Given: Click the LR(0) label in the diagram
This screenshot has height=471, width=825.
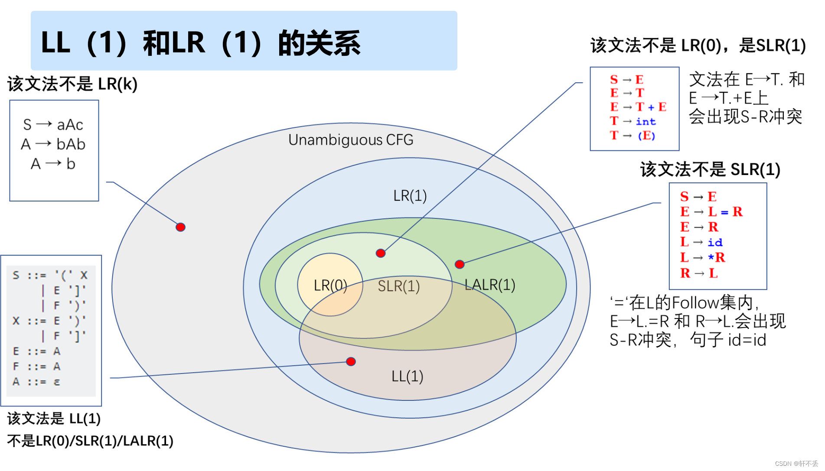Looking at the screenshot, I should coord(330,286).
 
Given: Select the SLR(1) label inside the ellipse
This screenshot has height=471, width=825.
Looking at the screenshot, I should coord(398,286).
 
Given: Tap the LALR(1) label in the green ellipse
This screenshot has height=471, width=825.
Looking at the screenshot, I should coord(489,285).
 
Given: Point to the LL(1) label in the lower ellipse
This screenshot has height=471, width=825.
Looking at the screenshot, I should coord(407,376).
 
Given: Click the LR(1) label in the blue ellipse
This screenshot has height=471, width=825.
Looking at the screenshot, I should coord(410,196).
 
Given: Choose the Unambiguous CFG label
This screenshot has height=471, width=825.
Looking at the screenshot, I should coord(351,140).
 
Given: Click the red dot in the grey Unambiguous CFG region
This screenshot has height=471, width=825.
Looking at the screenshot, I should coord(181,227).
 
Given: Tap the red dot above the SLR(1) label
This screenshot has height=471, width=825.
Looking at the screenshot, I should coord(381,253).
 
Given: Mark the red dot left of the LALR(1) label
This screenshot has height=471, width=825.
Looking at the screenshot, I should coord(460,264).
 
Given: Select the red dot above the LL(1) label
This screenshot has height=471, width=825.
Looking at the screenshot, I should coord(351,361).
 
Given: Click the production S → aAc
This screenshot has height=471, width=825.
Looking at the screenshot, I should coord(53,125).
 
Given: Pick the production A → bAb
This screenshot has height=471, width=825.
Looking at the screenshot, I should coord(53,144).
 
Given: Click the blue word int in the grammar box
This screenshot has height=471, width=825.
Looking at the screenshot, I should coord(646,122).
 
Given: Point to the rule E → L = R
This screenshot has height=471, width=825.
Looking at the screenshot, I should coord(711,212).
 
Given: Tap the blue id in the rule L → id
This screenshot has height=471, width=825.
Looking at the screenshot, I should coord(715,242).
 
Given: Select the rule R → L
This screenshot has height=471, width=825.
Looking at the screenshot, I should coord(699,273).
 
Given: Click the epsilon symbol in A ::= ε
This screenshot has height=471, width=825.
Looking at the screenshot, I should coord(57,382).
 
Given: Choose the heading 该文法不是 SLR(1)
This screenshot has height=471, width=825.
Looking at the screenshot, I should coord(710,169).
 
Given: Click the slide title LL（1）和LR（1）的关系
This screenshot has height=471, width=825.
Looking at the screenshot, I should coord(201,43).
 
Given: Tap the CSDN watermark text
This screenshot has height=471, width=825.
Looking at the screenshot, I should coord(796,464).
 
